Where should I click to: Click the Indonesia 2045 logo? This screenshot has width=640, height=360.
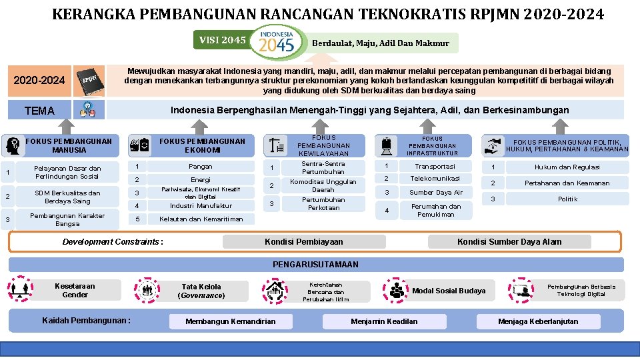[277, 41]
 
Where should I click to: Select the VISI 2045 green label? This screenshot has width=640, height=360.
[222, 41]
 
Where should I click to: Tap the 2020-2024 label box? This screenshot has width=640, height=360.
[40, 81]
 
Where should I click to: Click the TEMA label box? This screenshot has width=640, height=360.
[40, 111]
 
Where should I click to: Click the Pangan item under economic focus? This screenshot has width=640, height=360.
[200, 167]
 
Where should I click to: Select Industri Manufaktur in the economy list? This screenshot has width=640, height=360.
[200, 206]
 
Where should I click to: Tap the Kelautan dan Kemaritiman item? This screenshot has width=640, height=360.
[201, 219]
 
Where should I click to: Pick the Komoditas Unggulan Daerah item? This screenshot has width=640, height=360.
[323, 185]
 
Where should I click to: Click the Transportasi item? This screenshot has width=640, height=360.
[435, 167]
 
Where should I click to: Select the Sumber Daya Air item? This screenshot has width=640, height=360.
[435, 193]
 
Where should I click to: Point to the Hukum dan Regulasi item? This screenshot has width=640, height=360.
[567, 167]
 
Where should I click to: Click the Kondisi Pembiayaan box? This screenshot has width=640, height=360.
[304, 241]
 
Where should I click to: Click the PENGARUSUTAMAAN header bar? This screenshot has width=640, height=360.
[316, 265]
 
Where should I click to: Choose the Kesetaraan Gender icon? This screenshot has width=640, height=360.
[21, 289]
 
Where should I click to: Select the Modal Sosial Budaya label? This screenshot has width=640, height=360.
[449, 291]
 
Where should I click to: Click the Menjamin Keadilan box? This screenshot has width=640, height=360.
[384, 321]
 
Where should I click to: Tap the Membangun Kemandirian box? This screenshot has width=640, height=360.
[230, 321]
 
